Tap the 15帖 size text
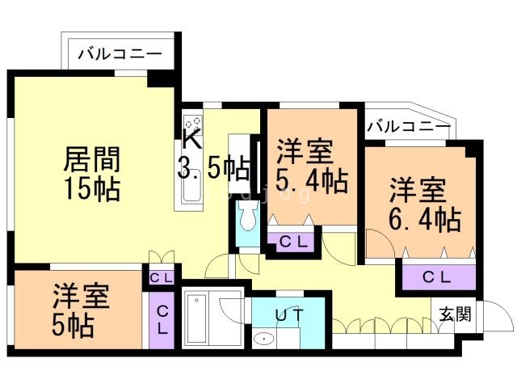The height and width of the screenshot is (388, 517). [91, 189]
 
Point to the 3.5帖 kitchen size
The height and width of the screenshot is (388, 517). [212, 168]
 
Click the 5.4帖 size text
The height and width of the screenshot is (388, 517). [312, 178]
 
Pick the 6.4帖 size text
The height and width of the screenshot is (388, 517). [424, 218]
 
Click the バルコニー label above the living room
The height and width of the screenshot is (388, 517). [120, 55]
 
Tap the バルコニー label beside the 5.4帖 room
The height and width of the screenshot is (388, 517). [409, 127]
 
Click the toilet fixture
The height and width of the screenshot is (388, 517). [246, 217]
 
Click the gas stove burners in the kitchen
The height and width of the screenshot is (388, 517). [192, 124]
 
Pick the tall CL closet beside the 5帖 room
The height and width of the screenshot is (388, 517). [162, 321]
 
